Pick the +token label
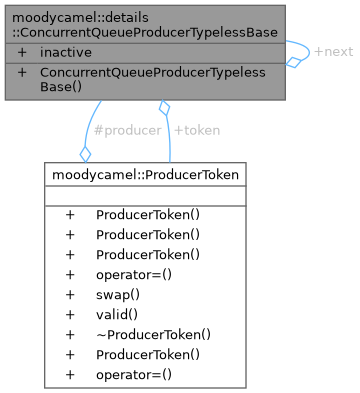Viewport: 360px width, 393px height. point(197,129)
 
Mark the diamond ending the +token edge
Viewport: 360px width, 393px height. point(163,107)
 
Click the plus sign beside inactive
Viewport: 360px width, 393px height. point(22,51)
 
